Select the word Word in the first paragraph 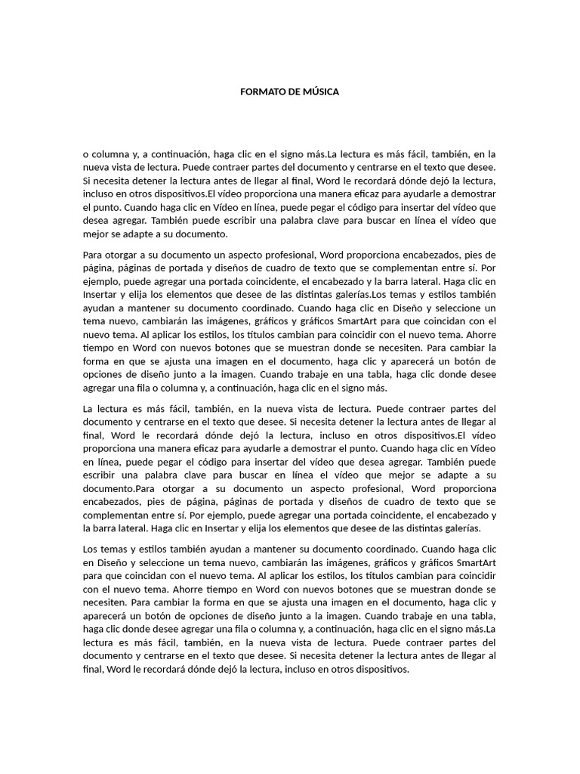click(x=330, y=180)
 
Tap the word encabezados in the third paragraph click(x=111, y=502)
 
